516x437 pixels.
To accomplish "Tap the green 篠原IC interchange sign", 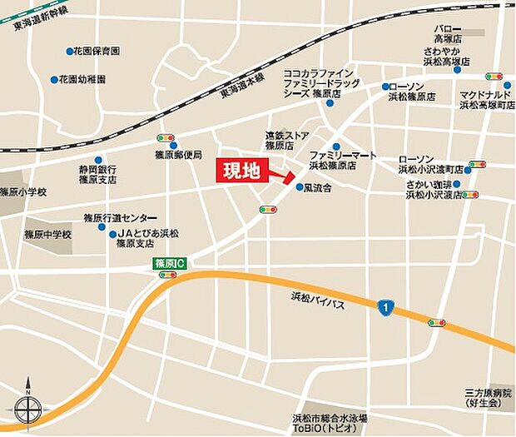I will [x=170, y=262].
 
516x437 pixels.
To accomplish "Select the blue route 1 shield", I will [x=384, y=308].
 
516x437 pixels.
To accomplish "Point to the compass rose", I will [x=27, y=409].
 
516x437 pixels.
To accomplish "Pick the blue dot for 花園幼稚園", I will [x=55, y=80].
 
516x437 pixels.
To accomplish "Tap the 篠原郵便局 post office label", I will [x=179, y=154].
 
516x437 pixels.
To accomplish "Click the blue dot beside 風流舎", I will [x=300, y=187].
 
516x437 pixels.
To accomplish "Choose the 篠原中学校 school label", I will [x=48, y=235].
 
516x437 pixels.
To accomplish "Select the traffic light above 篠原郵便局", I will [x=165, y=138].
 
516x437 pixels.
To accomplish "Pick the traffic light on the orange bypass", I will [x=436, y=322].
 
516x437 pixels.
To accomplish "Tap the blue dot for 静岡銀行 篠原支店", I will [x=72, y=167].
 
